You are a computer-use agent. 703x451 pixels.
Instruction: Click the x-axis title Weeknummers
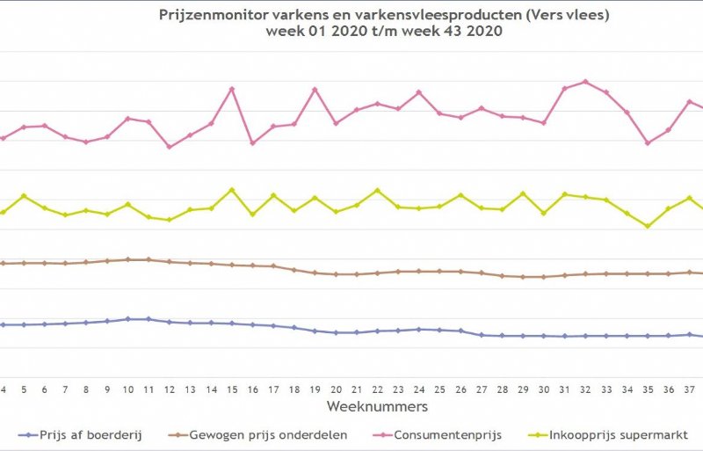[x=377, y=406]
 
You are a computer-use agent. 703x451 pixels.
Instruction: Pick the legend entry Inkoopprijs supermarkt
[x=612, y=434]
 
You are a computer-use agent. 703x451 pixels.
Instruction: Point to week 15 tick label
[x=231, y=389]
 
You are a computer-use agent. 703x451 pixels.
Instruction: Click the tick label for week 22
[x=377, y=389]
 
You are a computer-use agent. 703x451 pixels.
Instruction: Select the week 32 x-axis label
[x=585, y=389]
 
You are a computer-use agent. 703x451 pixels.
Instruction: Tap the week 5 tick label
[x=24, y=389]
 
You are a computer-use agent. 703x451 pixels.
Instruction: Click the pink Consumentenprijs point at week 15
[x=231, y=89]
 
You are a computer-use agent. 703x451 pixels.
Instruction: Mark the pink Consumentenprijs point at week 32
[x=585, y=82]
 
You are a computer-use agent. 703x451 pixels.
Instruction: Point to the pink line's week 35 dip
[x=648, y=142]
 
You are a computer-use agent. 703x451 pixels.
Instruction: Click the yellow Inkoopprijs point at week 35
[x=648, y=226]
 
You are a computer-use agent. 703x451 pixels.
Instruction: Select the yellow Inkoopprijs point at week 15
[x=231, y=189]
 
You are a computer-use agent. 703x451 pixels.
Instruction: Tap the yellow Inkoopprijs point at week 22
[x=377, y=190]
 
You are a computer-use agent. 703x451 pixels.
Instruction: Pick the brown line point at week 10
[x=127, y=259]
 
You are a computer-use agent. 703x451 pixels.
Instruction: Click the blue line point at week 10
[x=127, y=319]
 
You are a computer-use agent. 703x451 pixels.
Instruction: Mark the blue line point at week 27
[x=482, y=335]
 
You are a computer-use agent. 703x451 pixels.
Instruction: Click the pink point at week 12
[x=169, y=146]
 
